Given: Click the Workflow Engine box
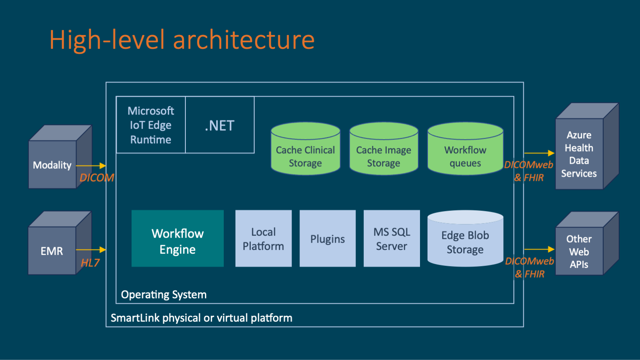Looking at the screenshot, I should [x=177, y=239].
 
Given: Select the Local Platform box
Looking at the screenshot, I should [x=263, y=239].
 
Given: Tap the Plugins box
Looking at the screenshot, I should [x=327, y=239].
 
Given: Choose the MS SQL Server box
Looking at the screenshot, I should [x=392, y=239].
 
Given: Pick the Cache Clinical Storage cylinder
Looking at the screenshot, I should [x=305, y=154].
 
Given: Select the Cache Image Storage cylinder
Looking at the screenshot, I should [x=384, y=154].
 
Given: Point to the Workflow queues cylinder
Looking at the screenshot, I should [x=465, y=154].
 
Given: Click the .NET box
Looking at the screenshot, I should [x=220, y=125].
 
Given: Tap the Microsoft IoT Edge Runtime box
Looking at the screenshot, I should [x=151, y=125].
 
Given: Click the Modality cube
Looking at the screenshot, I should [x=52, y=165].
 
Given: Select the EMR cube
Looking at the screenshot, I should [x=52, y=250].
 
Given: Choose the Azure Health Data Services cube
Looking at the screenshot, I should [x=579, y=154].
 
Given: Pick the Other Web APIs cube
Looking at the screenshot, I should [x=579, y=251].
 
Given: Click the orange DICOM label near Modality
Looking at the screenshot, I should [x=97, y=178].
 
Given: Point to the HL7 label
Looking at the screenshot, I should [x=90, y=263].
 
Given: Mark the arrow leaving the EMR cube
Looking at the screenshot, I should [x=91, y=250].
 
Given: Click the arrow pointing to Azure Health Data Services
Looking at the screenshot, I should [x=539, y=153].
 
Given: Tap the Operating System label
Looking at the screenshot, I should [x=164, y=295].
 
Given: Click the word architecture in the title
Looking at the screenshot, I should [x=244, y=40].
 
